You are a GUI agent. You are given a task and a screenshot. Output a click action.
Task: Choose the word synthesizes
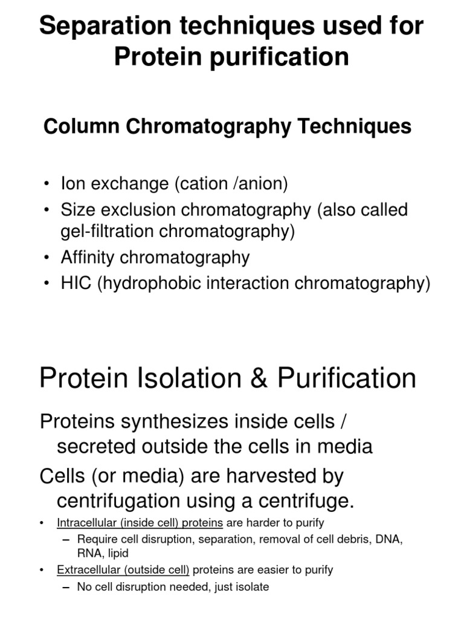tap(171, 421)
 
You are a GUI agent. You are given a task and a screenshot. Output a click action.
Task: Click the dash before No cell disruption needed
tap(66, 587)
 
